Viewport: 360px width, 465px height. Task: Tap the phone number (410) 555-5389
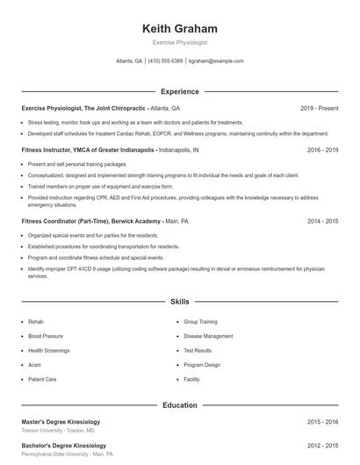(166, 61)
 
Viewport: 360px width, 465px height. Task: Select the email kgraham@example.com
(216, 61)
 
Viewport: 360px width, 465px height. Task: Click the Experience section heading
(179, 91)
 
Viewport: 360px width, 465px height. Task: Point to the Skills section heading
(179, 301)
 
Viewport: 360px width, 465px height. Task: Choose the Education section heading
(179, 405)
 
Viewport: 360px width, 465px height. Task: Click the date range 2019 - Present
(319, 108)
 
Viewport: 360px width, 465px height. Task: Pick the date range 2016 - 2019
(322, 150)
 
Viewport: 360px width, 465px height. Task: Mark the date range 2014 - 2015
(322, 222)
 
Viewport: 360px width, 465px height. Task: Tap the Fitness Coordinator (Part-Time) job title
(89, 222)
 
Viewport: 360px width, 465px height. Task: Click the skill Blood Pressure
(46, 336)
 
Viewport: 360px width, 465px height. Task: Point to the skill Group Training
(200, 322)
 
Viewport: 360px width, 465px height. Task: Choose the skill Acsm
(35, 364)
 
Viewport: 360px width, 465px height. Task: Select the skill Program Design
(202, 364)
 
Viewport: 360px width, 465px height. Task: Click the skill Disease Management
(208, 336)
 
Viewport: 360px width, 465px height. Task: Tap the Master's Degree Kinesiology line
(61, 422)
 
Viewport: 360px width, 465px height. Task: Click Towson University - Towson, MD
(58, 431)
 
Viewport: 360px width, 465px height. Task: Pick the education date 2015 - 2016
(322, 422)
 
